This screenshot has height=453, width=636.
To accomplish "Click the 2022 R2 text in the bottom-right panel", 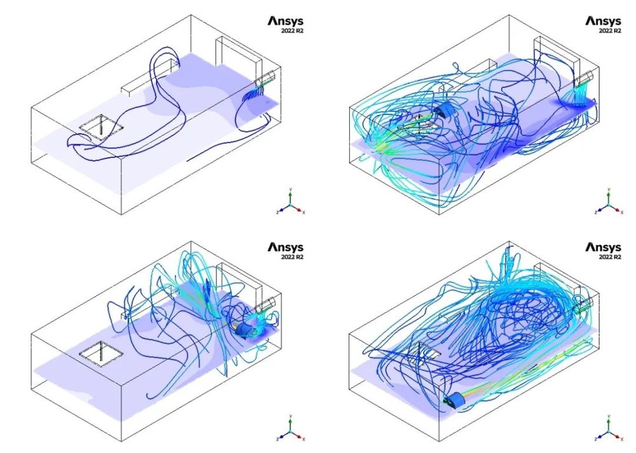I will [x=609, y=256].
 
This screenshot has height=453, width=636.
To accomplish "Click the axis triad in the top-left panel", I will [x=290, y=202].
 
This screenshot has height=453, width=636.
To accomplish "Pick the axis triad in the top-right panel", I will [x=608, y=202].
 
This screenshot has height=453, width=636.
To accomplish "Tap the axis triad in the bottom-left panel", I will [x=290, y=428].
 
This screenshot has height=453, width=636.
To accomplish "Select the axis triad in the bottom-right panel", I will [x=608, y=428].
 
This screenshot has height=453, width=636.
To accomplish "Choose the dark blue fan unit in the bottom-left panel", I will [x=243, y=329].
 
